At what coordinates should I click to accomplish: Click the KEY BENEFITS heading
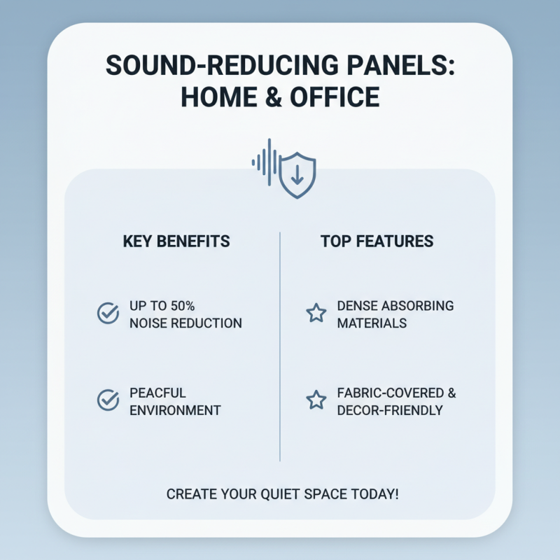pyautogui.click(x=176, y=241)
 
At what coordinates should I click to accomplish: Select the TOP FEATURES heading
pyautogui.click(x=377, y=241)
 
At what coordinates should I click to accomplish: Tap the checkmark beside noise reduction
pyautogui.click(x=108, y=313)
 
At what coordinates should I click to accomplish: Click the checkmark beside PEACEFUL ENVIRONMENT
pyautogui.click(x=108, y=400)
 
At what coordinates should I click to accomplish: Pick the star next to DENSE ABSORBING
pyautogui.click(x=316, y=313)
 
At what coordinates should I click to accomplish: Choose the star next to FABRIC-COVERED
pyautogui.click(x=316, y=400)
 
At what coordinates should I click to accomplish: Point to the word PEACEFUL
pyautogui.click(x=157, y=393)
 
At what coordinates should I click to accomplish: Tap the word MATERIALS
pyautogui.click(x=372, y=323)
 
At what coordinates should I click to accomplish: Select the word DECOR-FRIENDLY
pyautogui.click(x=389, y=410)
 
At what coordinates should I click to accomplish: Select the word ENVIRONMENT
pyautogui.click(x=175, y=410)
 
